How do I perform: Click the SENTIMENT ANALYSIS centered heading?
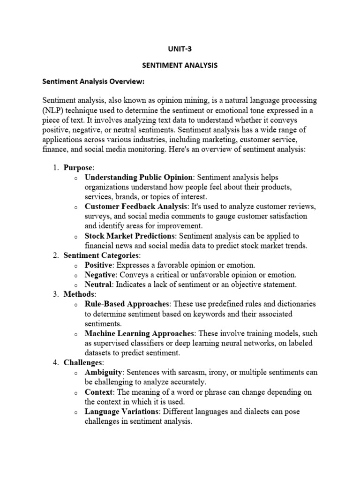click(180, 65)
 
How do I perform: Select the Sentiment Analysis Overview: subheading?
click(94, 82)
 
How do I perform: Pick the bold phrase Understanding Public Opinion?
click(139, 177)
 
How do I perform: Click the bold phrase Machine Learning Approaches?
click(139, 333)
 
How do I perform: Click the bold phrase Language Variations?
click(121, 412)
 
